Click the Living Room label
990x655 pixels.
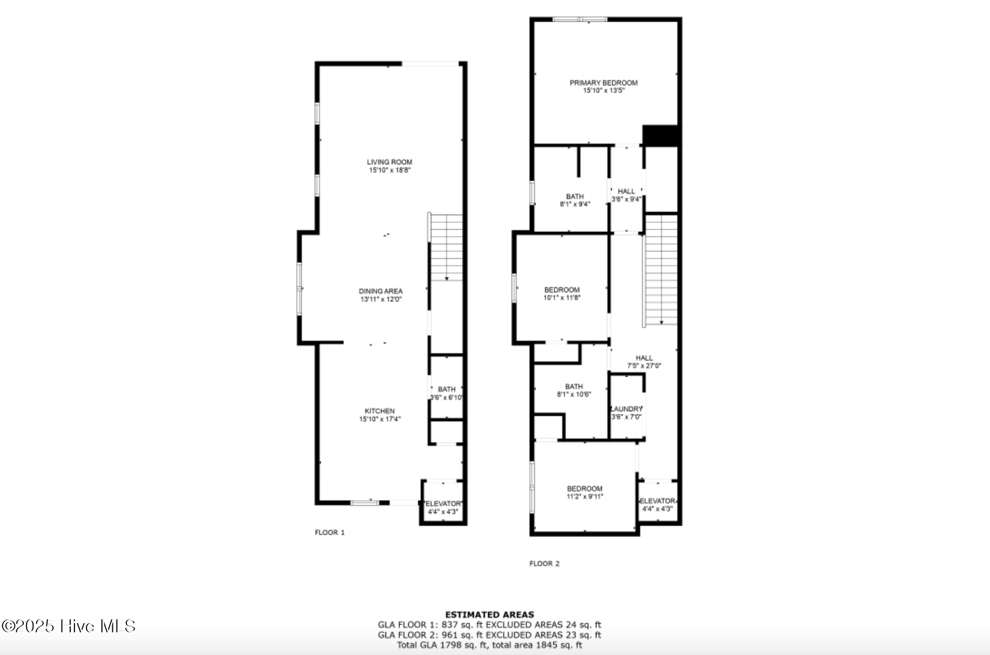pos(389,162)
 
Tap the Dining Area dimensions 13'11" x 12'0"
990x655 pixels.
pos(381,299)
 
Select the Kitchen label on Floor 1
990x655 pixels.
pos(379,411)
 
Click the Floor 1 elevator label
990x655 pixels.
pos(443,504)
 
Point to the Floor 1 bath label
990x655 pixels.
pos(446,389)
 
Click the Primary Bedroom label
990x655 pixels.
pos(604,83)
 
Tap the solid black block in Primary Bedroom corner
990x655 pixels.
pos(660,136)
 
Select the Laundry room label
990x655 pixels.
pos(626,409)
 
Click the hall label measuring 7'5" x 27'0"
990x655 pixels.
pos(644,358)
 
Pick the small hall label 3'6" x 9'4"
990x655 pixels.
pos(626,191)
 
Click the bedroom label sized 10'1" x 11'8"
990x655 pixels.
pos(561,290)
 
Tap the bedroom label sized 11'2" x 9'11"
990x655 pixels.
pos(584,489)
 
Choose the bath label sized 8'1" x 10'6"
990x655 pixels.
pos(574,386)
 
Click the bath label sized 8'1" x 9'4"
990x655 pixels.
pos(575,197)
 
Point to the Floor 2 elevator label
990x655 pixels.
pos(657,501)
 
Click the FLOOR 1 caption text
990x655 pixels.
pos(330,532)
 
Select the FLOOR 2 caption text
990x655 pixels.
pos(544,564)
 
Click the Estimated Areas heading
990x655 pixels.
pos(489,614)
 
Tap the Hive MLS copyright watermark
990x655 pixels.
pos(69,626)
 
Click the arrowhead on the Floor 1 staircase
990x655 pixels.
pos(446,278)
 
